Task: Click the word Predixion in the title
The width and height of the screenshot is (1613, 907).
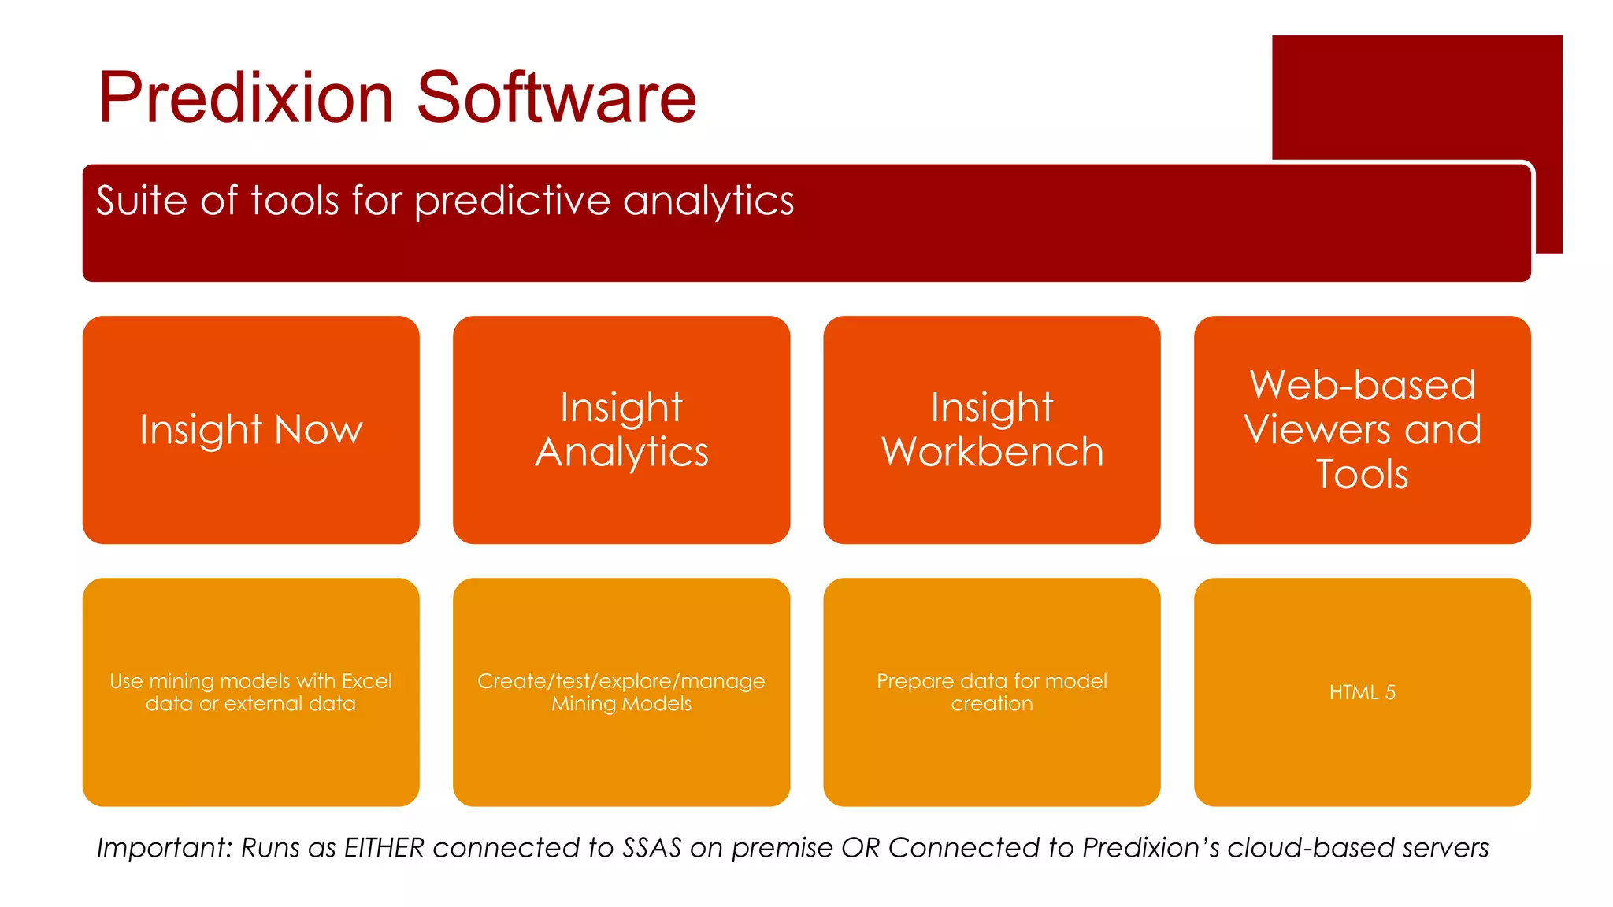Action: pos(245,98)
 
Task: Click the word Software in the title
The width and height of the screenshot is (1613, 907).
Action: pos(556,98)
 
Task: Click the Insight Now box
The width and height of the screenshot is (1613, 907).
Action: pos(250,430)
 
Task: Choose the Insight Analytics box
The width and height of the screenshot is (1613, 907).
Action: pos(621,430)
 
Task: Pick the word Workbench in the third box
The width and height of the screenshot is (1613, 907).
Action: pos(992,453)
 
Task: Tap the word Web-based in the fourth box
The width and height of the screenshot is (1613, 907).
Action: pos(1363,385)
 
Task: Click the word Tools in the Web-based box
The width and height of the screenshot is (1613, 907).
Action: pos(1363,475)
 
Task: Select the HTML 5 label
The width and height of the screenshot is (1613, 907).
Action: pos(1363,692)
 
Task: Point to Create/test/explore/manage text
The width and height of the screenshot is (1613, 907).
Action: pos(621,681)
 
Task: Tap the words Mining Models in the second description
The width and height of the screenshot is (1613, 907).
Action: pos(621,704)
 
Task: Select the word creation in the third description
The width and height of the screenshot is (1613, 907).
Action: pos(992,704)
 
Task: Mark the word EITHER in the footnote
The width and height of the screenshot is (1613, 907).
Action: pos(384,848)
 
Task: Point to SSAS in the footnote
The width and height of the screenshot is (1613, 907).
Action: pos(651,848)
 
